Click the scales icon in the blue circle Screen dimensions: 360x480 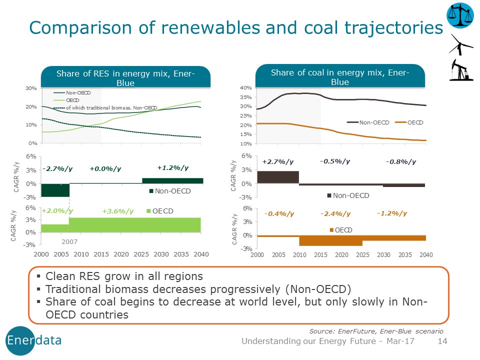459,16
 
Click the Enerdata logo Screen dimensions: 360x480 34,340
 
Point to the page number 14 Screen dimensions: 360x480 442,341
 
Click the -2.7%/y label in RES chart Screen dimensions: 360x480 55,169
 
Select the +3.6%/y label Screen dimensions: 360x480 118,211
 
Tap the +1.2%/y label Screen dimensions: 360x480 173,168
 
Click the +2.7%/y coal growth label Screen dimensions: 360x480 278,161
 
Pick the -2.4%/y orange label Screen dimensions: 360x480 335,214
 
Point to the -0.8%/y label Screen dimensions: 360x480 401,161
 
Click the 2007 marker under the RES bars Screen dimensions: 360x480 69,241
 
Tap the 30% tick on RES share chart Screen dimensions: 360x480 31,88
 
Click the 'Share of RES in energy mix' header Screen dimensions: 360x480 125,78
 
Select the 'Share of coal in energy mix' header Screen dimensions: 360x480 340,77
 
